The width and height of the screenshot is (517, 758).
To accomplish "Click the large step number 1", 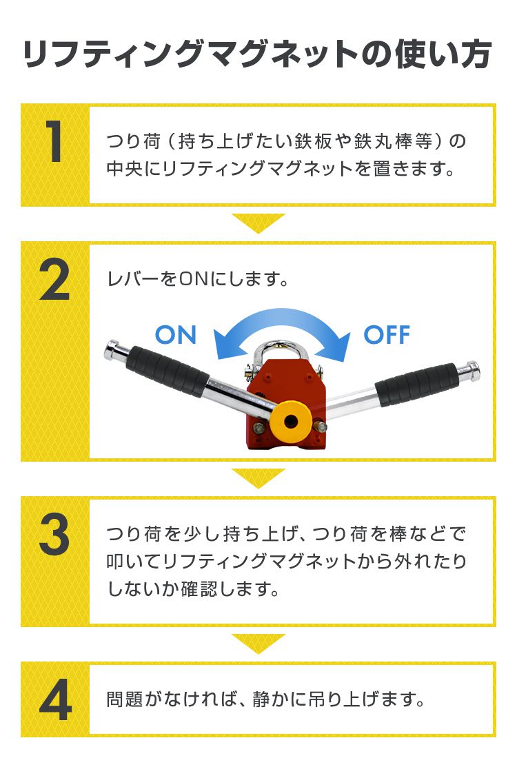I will point(55,143).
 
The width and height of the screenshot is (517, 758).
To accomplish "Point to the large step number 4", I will point(55,700).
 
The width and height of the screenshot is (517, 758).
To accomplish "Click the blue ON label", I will point(176,336).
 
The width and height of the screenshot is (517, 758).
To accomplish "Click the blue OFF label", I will point(387,336).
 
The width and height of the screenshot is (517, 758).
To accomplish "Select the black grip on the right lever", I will point(417,383).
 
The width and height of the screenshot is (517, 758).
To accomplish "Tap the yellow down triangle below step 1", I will point(258,223).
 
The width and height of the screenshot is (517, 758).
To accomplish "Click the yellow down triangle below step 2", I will point(258,478).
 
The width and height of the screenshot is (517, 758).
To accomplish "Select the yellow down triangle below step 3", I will point(258,643).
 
